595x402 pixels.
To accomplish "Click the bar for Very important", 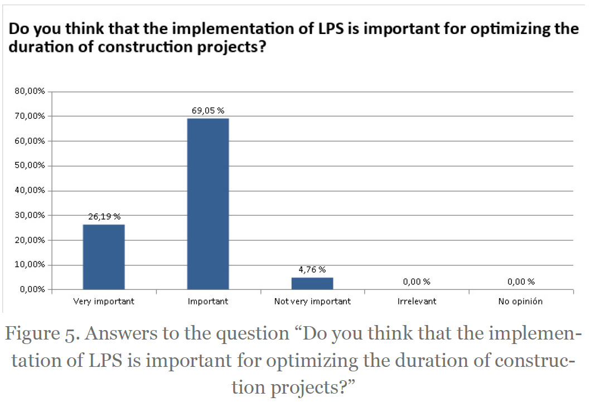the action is click(104, 256).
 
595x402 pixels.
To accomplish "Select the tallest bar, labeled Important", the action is click(208, 204).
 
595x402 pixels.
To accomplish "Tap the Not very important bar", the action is click(312, 283).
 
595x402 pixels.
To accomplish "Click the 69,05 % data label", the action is click(208, 110).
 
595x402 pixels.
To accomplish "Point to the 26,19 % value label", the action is click(104, 216).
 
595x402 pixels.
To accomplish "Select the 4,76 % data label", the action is click(312, 270).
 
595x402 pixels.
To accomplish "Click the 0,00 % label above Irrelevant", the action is click(416, 282).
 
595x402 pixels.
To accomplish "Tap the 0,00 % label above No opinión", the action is click(521, 282).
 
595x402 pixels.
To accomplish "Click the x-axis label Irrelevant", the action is click(417, 302).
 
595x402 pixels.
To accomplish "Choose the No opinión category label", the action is click(520, 302).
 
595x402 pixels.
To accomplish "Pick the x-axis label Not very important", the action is click(312, 302).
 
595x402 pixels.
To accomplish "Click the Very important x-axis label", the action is click(104, 302).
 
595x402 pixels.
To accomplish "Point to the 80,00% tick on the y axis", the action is click(30, 91).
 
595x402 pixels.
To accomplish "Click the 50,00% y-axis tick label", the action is click(30, 166).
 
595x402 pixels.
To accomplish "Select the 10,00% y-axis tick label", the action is click(30, 264).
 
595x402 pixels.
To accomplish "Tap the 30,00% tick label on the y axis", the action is click(30, 215).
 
